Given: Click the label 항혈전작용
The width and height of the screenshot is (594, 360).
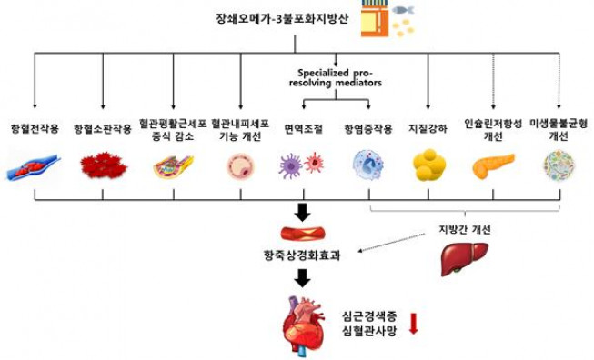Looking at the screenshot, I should pos(34,129).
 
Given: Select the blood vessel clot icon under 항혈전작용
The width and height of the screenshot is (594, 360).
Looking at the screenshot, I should pos(34,165).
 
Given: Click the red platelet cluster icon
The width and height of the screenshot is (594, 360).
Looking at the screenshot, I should pos(102,165).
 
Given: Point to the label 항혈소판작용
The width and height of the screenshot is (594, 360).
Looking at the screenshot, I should pos(102,129).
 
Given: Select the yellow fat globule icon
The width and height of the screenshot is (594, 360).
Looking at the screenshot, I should pos(428,165).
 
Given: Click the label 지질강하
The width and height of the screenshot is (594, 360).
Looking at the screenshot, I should pos(428,129).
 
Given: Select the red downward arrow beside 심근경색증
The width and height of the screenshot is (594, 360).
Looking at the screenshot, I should pos(413,323).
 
